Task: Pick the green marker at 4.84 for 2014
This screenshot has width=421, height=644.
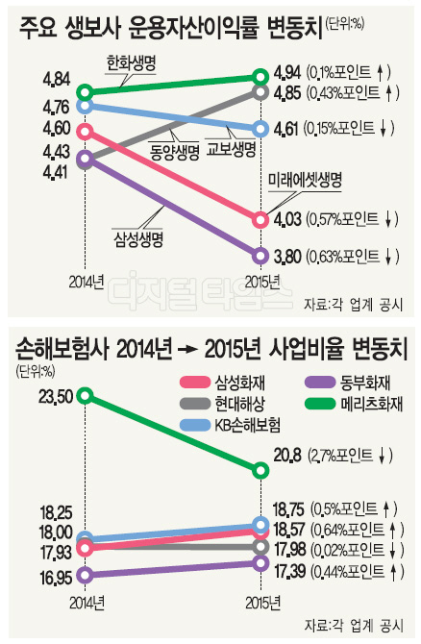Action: [x=85, y=93]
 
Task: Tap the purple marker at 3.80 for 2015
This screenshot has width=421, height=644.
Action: [x=260, y=256]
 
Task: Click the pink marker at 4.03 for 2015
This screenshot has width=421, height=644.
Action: [x=260, y=220]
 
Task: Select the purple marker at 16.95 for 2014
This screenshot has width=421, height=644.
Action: [x=85, y=576]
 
